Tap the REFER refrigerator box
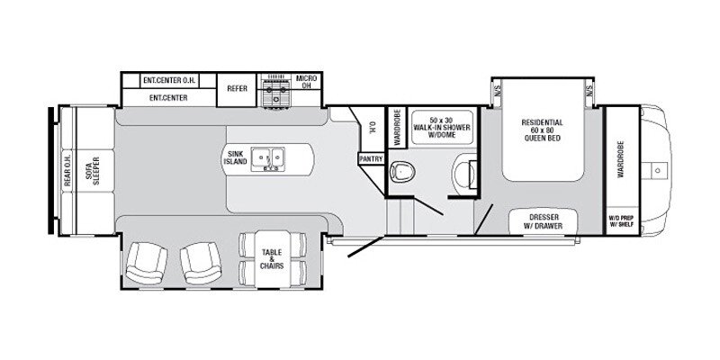point(238,89)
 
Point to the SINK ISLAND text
point(236,159)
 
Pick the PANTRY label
point(371,158)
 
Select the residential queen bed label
point(542,130)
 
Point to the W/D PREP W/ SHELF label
point(619,221)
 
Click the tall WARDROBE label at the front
point(619,157)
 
